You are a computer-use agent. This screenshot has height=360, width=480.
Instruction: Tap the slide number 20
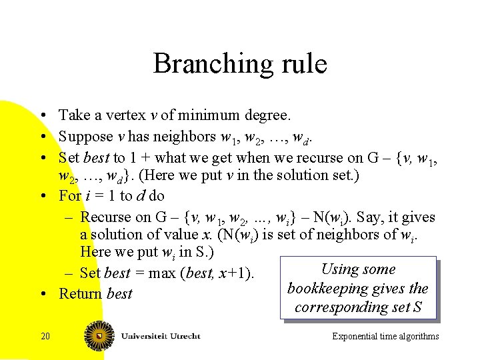click(x=45, y=336)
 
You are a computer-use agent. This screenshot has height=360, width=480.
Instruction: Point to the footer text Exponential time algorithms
click(x=385, y=336)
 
